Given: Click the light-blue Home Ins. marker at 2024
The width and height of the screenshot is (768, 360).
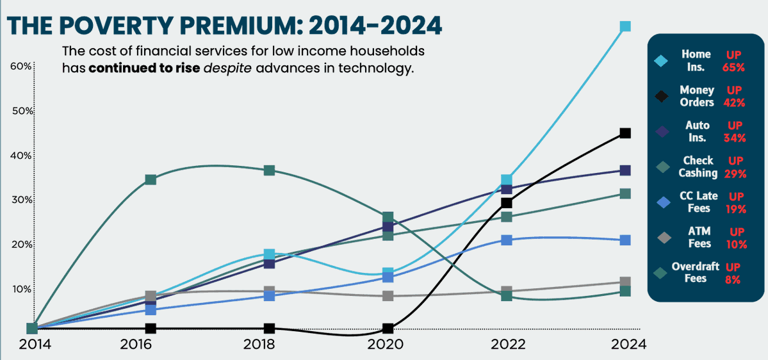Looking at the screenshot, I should [625, 26].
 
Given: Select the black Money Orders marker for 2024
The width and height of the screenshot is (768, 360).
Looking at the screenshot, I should [625, 133].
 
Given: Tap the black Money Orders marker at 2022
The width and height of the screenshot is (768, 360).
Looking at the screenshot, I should [507, 203].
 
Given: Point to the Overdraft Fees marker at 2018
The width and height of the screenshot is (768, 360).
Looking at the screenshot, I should [269, 170].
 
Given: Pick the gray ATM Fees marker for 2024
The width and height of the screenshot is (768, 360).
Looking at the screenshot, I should [625, 282].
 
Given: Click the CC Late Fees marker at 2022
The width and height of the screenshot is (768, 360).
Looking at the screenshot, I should [507, 240].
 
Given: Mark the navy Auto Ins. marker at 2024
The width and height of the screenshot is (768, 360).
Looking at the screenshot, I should [625, 170].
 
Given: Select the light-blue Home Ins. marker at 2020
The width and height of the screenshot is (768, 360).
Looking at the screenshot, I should [388, 274].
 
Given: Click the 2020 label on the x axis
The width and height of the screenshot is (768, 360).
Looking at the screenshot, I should [388, 344].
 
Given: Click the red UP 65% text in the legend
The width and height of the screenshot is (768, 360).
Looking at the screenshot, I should [733, 61].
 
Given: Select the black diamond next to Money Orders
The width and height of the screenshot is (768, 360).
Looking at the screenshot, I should [662, 97].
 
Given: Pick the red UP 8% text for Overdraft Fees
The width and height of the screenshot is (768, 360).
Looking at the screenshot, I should [733, 273].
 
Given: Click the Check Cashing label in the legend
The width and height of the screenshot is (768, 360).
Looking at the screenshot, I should [698, 167].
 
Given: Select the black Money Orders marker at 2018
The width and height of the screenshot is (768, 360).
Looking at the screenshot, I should [269, 328].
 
